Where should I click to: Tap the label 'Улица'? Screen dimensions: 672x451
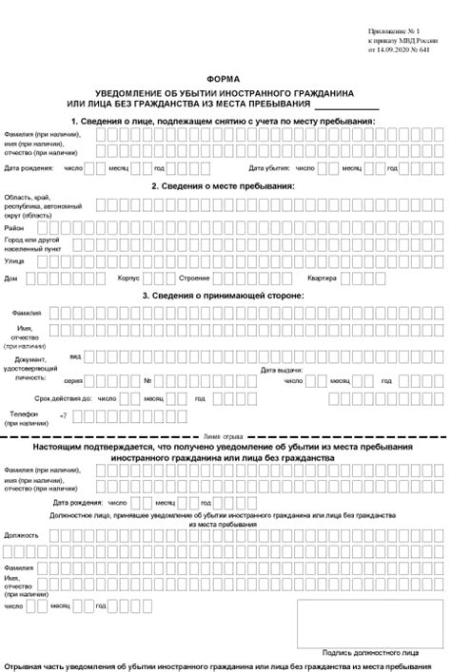[14, 259]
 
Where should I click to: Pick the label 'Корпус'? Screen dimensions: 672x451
[128, 278]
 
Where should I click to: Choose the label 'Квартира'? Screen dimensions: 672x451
[321, 278]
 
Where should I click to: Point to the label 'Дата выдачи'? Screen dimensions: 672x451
[283, 368]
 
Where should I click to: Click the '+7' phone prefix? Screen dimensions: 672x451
[64, 416]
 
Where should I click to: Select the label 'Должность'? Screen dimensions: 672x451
[20, 535]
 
